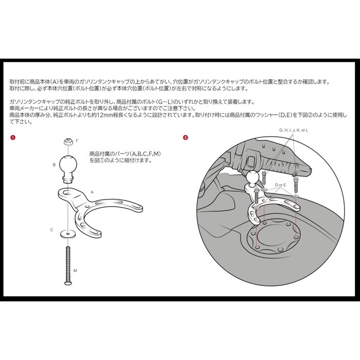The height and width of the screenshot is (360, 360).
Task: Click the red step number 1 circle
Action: [x=13, y=137]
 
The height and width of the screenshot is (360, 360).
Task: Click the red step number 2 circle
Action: [x=185, y=137]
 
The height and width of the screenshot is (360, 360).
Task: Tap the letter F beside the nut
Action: [x=77, y=140]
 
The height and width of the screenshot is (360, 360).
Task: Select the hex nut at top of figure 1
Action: [x=68, y=141]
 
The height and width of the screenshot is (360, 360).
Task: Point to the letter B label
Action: [x=54, y=165]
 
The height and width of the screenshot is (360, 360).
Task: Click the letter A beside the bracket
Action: [x=92, y=192]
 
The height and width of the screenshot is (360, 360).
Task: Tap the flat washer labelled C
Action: [x=68, y=234]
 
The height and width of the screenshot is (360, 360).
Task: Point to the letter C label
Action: [x=51, y=229]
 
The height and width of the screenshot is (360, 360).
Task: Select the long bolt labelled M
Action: [x=68, y=266]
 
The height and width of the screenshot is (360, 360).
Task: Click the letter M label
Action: [x=75, y=271]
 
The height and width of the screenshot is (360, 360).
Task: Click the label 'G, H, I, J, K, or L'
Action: [x=294, y=130]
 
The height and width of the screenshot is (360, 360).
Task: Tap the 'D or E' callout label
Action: [x=281, y=185]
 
